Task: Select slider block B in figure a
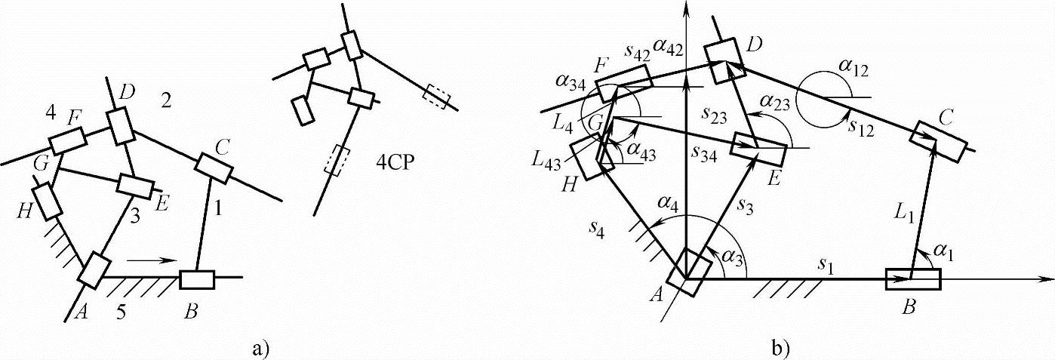(x=197, y=278)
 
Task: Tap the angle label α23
(x=776, y=101)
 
